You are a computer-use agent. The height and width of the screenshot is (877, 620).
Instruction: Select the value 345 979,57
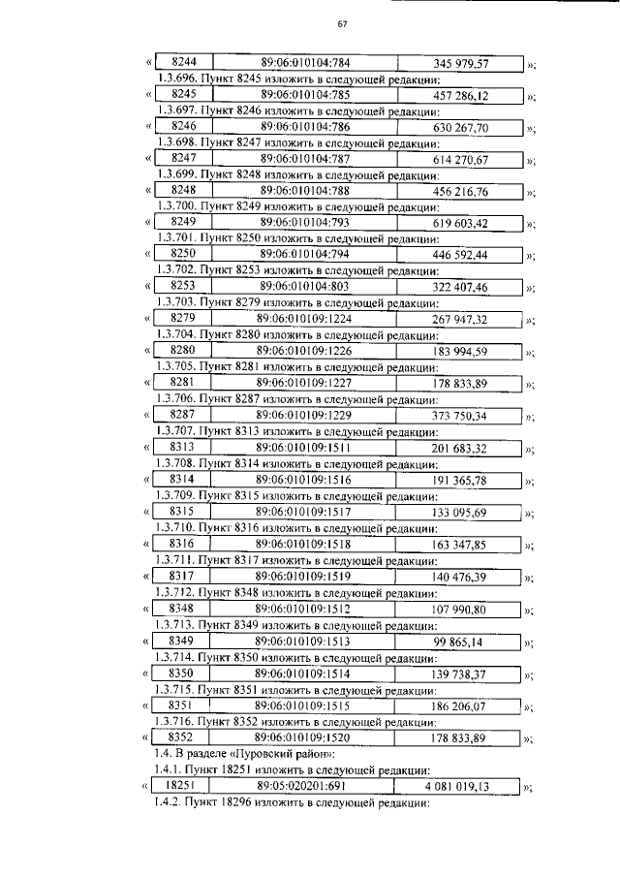pyautogui.click(x=461, y=64)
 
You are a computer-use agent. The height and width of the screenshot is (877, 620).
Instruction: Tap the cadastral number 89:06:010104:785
pyautogui.click(x=305, y=95)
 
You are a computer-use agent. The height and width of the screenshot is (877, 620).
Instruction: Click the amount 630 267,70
pyautogui.click(x=461, y=127)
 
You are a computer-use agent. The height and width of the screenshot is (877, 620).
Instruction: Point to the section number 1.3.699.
pyautogui.click(x=176, y=174)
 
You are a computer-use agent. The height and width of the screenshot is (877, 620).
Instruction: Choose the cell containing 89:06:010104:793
pyautogui.click(x=305, y=223)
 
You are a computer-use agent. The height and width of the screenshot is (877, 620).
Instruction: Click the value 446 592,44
pyautogui.click(x=461, y=255)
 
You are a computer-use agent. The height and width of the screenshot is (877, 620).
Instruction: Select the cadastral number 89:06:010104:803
pyautogui.click(x=305, y=287)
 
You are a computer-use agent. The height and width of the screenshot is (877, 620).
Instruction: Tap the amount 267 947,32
pyautogui.click(x=461, y=319)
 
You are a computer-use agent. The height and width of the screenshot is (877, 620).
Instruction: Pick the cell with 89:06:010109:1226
pyautogui.click(x=305, y=351)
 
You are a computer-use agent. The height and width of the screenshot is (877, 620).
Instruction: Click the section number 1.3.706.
pyautogui.click(x=176, y=398)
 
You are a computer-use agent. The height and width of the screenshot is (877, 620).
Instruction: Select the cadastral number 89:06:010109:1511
pyautogui.click(x=305, y=447)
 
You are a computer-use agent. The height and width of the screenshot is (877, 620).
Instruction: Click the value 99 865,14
pyautogui.click(x=461, y=642)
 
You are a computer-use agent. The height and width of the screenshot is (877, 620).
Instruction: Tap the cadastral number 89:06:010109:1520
pyautogui.click(x=305, y=737)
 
